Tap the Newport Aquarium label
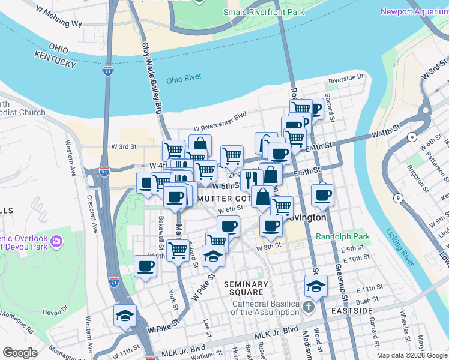pyautogui.click(x=414, y=11)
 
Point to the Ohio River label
pyautogui.click(x=184, y=79)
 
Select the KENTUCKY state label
pyautogui.click(x=55, y=59)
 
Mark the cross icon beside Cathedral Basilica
pyautogui.click(x=308, y=308)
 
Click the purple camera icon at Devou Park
pyautogui.click(x=56, y=242)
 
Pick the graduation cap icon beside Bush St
pyautogui.click(x=315, y=286)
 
